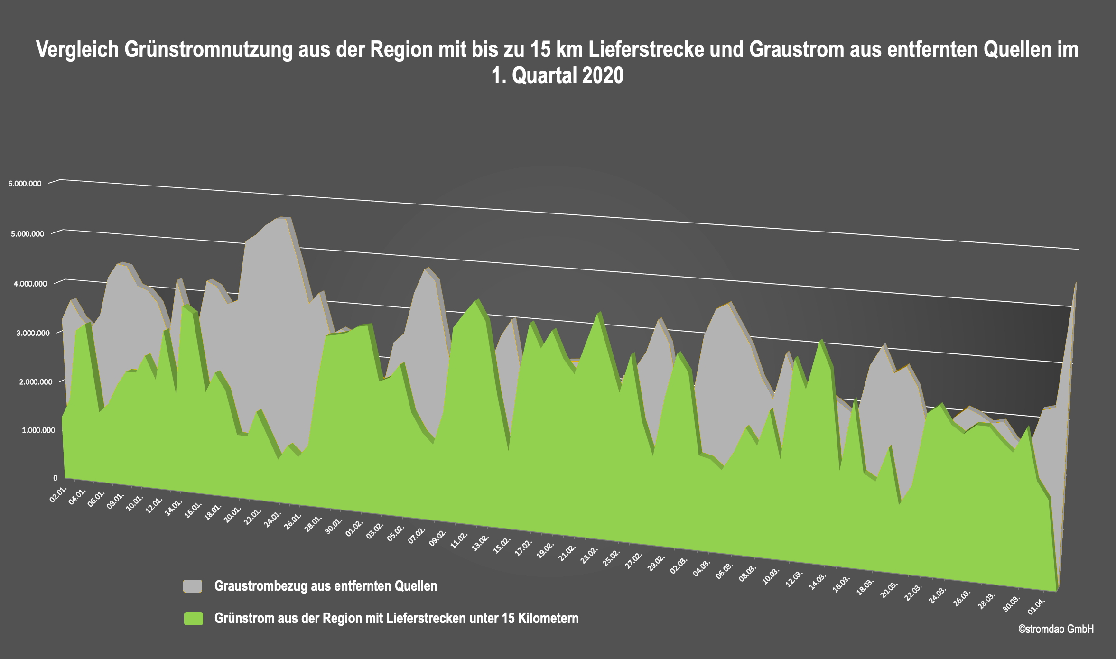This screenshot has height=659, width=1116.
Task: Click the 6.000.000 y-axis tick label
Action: pyautogui.click(x=25, y=184)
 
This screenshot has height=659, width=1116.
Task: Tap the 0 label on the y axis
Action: pyautogui.click(x=55, y=478)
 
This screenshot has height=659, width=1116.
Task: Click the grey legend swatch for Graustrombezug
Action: pyautogui.click(x=193, y=586)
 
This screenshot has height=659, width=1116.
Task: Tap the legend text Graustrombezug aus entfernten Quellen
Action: pyautogui.click(x=325, y=586)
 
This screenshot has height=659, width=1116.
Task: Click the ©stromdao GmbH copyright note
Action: pyautogui.click(x=1056, y=629)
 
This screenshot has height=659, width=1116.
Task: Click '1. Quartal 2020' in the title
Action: pyautogui.click(x=558, y=76)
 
